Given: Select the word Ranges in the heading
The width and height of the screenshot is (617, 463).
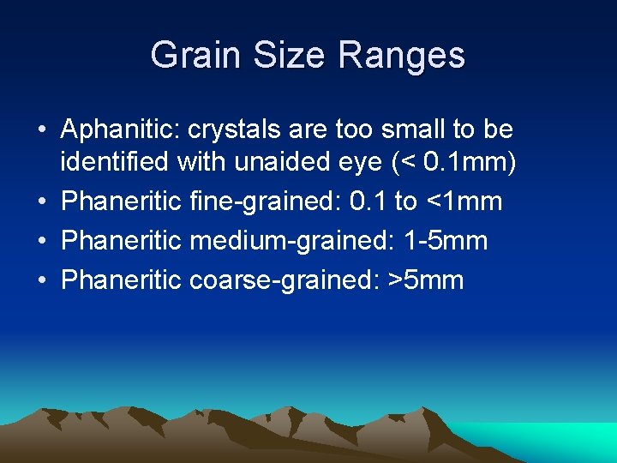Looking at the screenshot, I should click(402, 56).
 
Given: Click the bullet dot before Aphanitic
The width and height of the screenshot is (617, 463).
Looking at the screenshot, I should click(41, 131).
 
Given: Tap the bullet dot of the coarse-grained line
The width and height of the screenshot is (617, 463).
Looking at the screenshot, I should click(41, 280).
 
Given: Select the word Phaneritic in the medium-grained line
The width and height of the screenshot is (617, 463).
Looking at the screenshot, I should click(122, 241).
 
